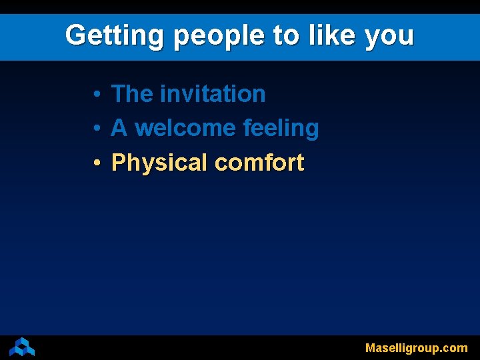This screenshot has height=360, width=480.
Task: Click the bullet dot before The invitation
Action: (x=97, y=95)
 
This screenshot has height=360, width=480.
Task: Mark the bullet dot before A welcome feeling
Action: (x=97, y=129)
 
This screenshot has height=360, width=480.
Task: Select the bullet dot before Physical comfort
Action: (x=97, y=163)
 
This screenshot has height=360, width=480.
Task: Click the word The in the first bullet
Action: (x=132, y=94)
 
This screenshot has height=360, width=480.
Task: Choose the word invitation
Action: (x=213, y=94)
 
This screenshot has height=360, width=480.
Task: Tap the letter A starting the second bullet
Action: (x=119, y=128)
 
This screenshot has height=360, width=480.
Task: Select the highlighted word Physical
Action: (x=159, y=163)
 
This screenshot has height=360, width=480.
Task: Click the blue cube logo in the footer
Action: (x=22, y=347)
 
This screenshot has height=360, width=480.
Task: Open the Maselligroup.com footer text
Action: (x=416, y=348)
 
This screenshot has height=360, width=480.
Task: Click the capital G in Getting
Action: (x=76, y=35)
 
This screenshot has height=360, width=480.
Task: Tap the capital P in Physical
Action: (x=119, y=162)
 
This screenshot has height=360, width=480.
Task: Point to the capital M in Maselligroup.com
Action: (x=371, y=347)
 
